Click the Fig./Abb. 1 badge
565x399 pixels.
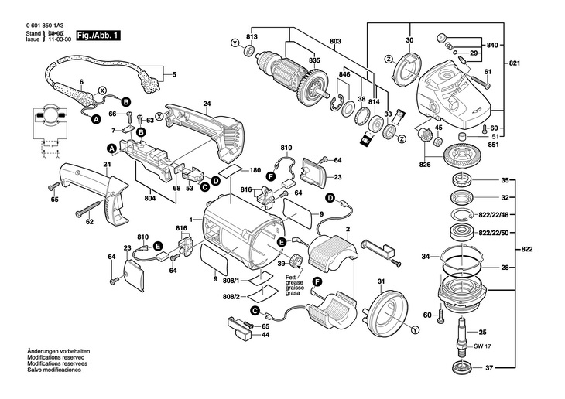click(98, 36)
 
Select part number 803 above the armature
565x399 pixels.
click(334, 41)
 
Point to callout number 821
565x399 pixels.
click(515, 62)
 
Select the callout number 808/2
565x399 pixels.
click(232, 296)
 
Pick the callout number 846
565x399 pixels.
click(344, 74)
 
